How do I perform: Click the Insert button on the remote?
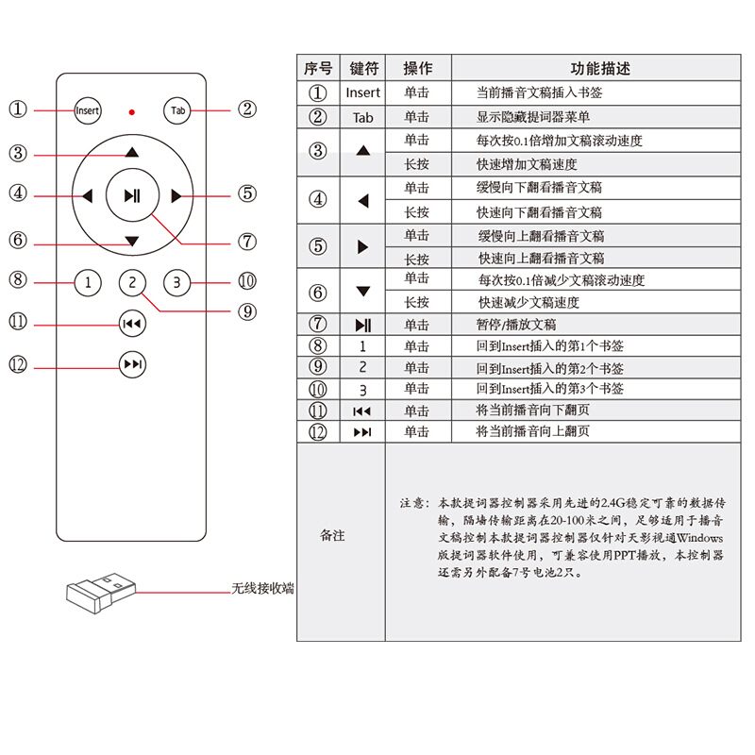pyautogui.click(x=88, y=110)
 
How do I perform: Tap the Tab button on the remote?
pyautogui.click(x=177, y=110)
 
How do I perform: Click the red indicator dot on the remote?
pyautogui.click(x=132, y=112)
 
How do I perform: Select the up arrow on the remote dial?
pyautogui.click(x=132, y=152)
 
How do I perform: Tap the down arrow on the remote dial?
pyautogui.click(x=132, y=241)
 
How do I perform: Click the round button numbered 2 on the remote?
pyautogui.click(x=132, y=282)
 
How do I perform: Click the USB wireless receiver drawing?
pyautogui.click(x=101, y=593)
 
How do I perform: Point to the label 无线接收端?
pyautogui.click(x=263, y=588)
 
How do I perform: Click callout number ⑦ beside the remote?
pyautogui.click(x=247, y=242)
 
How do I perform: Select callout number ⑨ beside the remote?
pyautogui.click(x=247, y=311)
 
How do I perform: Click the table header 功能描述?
pyautogui.click(x=600, y=68)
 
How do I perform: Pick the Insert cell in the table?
pyautogui.click(x=363, y=92)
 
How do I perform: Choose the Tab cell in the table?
pyautogui.click(x=363, y=117)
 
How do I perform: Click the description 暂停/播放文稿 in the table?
pyautogui.click(x=516, y=325)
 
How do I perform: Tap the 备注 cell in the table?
pyautogui.click(x=333, y=535)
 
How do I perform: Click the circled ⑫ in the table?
pyautogui.click(x=318, y=432)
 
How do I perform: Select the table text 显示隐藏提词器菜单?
pyautogui.click(x=533, y=117)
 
